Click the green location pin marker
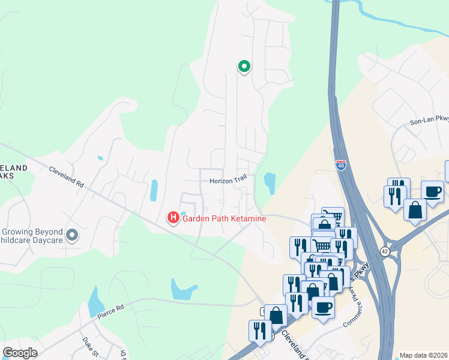244,67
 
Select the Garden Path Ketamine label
224,218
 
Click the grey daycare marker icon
73,236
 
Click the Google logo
20,353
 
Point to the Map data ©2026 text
424,355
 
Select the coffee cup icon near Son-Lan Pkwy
432,192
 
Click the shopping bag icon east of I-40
415,210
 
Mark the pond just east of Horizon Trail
270,183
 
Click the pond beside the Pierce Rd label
96,302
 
